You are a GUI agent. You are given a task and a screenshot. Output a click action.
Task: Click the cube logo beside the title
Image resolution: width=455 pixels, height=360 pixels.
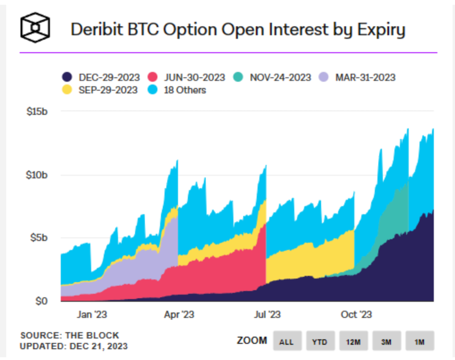click(x=35, y=27)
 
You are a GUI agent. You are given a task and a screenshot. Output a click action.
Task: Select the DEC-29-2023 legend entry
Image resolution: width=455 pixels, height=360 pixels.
click(x=102, y=77)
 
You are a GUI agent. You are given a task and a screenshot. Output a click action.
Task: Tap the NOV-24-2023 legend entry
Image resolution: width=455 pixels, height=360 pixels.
click(x=273, y=77)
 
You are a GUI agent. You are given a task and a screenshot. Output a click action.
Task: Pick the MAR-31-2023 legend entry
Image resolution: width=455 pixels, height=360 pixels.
click(x=358, y=77)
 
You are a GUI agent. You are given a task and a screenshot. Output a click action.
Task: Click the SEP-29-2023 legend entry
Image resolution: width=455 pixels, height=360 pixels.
click(x=102, y=90)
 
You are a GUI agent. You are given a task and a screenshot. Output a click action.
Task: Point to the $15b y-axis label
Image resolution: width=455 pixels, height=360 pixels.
click(x=37, y=111)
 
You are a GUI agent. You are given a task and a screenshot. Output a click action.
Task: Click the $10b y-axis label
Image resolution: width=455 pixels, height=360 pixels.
click(x=37, y=175)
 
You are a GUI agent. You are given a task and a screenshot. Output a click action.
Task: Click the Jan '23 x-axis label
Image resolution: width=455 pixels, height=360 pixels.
click(x=92, y=315)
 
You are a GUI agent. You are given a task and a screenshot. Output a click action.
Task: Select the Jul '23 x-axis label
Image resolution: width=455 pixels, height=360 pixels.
click(x=267, y=315)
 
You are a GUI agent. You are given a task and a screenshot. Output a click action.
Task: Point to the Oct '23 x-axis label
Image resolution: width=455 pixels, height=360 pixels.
click(x=356, y=315)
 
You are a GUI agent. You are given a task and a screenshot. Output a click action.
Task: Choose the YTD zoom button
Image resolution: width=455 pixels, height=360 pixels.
click(x=319, y=341)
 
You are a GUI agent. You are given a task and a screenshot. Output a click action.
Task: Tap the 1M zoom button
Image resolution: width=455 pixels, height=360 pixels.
click(x=419, y=341)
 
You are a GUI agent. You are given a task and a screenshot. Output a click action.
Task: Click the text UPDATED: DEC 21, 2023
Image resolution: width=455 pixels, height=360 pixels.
click(x=73, y=346)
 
